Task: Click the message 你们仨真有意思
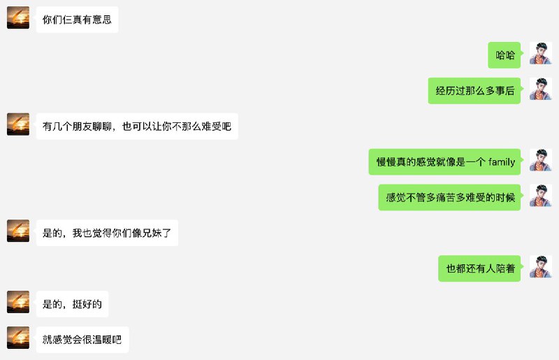[x=77, y=19]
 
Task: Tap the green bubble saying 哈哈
[x=504, y=55]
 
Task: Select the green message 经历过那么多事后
[x=474, y=90]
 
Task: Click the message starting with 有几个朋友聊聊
[x=136, y=127]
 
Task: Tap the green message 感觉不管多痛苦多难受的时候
[x=450, y=197]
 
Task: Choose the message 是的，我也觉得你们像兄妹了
[x=107, y=233]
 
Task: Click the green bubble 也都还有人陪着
[x=479, y=268]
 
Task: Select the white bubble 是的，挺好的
[x=72, y=304]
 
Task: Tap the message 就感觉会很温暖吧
[x=82, y=340]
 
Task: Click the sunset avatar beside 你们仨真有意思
[x=18, y=17]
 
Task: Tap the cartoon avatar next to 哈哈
[x=540, y=53]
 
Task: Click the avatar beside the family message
[x=540, y=160]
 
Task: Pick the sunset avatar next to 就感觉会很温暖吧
[x=18, y=338]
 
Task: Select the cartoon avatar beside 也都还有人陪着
[x=540, y=266]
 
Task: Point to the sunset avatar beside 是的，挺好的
[x=18, y=302]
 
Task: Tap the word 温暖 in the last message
[x=102, y=340]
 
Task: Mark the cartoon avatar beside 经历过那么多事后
[x=540, y=89]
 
